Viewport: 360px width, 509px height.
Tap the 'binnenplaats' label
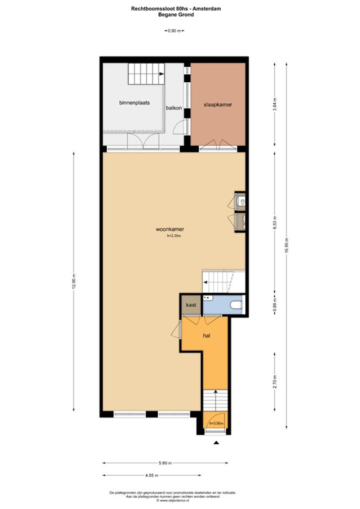point(134,103)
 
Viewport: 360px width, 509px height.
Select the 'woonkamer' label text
point(170,229)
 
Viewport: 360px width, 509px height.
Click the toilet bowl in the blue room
point(235,305)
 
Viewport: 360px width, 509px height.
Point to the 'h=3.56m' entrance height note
point(216,423)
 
